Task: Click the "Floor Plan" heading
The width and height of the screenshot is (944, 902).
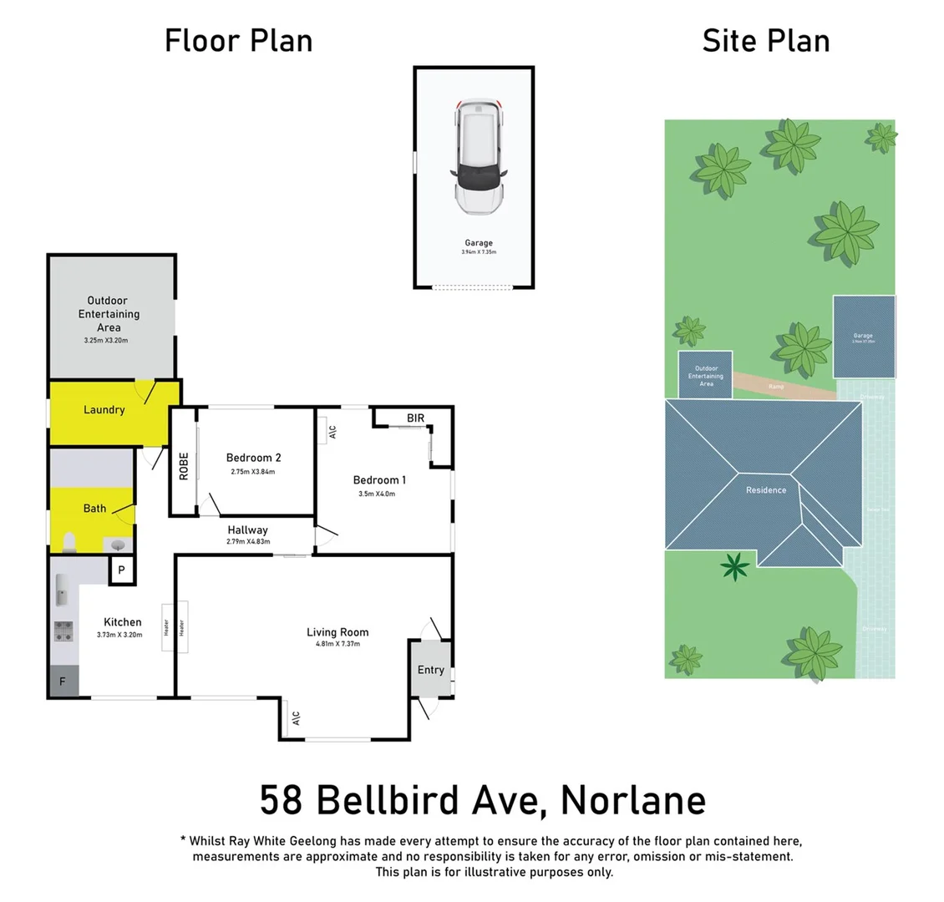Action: click(x=238, y=40)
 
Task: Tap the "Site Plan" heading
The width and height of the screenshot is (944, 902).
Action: click(x=765, y=40)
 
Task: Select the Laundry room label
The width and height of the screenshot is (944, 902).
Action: click(x=104, y=409)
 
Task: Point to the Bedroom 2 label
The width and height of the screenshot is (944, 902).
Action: click(x=253, y=458)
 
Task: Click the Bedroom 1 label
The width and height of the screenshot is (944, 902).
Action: click(x=379, y=480)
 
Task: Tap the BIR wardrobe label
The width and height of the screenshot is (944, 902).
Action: click(x=415, y=418)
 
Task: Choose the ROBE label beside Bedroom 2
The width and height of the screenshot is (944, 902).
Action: click(x=184, y=466)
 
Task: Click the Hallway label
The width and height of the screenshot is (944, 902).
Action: click(x=247, y=530)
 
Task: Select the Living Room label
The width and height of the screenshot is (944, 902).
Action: click(x=338, y=632)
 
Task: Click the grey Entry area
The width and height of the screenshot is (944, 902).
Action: click(x=430, y=669)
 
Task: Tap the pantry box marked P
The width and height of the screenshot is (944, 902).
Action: click(x=121, y=570)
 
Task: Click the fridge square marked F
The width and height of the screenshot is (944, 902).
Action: click(x=63, y=682)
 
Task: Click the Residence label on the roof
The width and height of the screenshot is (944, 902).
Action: click(x=765, y=490)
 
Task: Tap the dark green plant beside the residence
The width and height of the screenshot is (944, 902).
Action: click(x=735, y=568)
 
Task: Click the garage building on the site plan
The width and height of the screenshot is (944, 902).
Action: click(x=863, y=336)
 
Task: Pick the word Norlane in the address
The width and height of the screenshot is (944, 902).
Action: click(x=632, y=799)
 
